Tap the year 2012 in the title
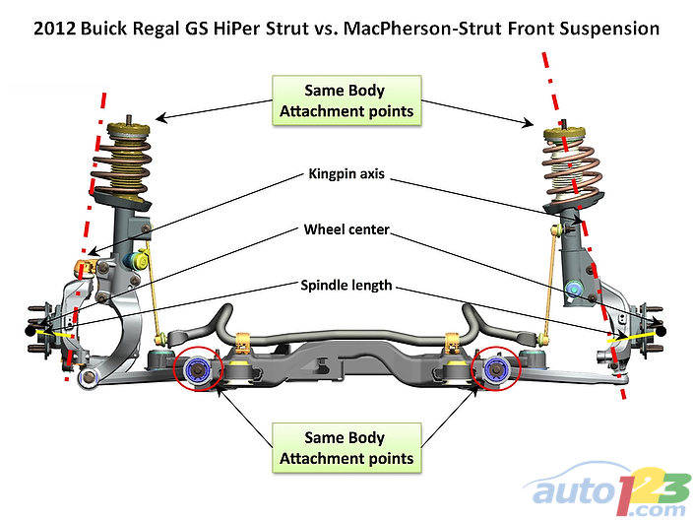coord(54,30)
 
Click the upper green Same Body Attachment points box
coord(346,100)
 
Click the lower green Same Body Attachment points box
coord(346,447)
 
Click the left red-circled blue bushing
coord(196,369)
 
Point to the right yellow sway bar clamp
coord(454,342)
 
